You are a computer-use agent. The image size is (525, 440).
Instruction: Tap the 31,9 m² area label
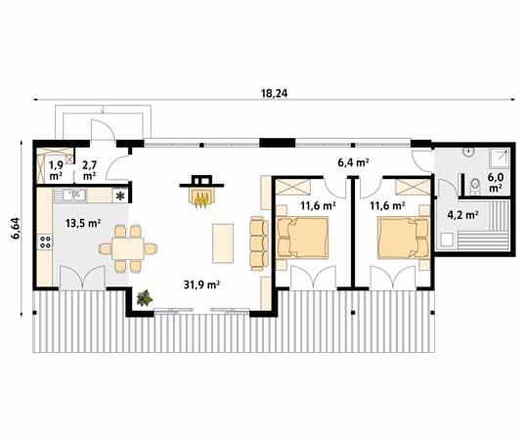201,285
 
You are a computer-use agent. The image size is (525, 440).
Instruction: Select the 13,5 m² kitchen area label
83,224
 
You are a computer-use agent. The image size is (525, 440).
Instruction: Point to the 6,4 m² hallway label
352,162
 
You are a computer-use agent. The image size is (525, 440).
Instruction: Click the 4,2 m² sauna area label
462,213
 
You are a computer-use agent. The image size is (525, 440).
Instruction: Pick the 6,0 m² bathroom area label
496,182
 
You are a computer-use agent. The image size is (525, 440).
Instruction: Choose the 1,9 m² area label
56,170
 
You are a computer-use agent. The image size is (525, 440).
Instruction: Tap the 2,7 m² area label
90,170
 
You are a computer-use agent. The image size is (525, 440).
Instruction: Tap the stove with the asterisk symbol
120,196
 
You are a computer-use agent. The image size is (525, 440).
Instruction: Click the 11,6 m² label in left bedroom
318,206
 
